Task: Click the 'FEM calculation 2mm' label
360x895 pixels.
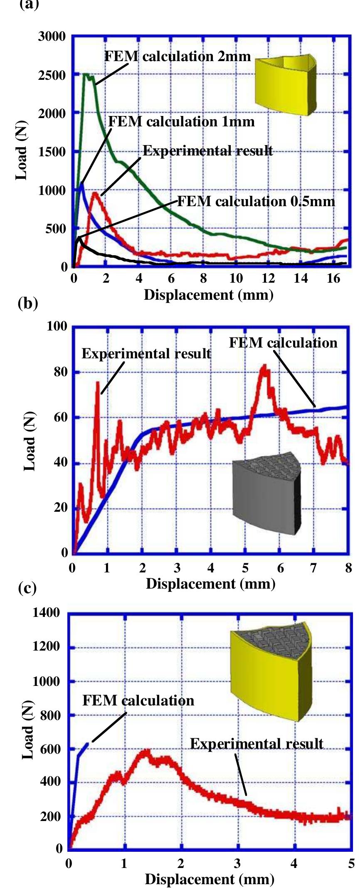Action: [x=178, y=56]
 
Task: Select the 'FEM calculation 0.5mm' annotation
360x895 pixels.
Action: [x=256, y=202]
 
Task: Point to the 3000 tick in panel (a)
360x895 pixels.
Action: [x=52, y=37]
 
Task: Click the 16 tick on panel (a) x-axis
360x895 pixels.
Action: [x=333, y=279]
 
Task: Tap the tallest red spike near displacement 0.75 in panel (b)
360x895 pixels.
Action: [x=98, y=383]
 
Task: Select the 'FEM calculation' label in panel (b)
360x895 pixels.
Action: [x=283, y=343]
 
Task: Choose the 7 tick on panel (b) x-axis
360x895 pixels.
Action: [x=313, y=567]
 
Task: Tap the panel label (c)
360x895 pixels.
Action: [x=27, y=589]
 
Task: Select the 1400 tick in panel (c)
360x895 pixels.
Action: [x=46, y=613]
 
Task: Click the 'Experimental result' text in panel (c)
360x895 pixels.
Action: [x=256, y=744]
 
